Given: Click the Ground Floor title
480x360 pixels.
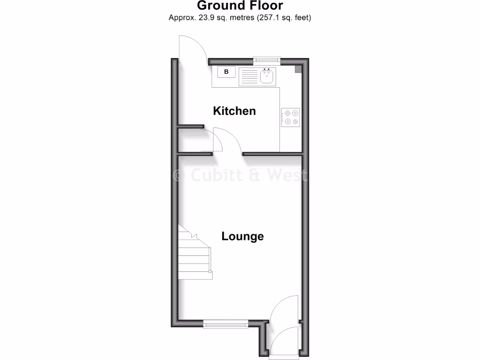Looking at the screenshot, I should (240, 6).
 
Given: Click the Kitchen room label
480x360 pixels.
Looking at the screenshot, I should (234, 111).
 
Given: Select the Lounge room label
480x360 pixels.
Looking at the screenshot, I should (242, 236).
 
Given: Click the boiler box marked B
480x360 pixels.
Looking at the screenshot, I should (227, 72).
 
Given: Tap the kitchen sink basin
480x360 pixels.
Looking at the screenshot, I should (268, 76).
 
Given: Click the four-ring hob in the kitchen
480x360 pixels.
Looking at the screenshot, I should (291, 117).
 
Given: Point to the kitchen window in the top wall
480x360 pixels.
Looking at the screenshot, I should (266, 60).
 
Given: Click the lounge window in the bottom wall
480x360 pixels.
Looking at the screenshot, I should (225, 323).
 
